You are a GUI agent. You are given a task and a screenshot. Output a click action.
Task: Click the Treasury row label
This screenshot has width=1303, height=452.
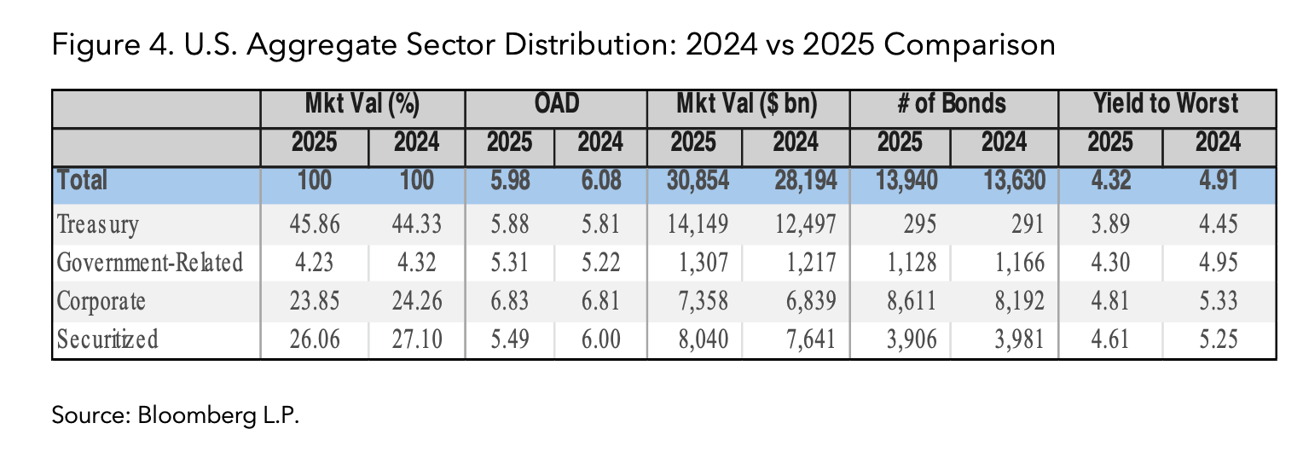click(97, 225)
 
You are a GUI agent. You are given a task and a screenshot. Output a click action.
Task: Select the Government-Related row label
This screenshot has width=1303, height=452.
click(149, 264)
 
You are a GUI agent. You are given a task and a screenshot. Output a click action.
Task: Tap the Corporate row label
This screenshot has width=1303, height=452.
click(101, 301)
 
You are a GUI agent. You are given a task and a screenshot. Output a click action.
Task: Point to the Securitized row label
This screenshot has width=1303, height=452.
click(107, 339)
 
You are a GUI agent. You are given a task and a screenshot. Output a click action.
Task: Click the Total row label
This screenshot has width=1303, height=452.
click(82, 181)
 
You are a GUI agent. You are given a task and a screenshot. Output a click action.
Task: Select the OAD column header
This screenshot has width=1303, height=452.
click(556, 105)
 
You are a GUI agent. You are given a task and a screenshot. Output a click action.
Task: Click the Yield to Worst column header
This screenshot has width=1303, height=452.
click(1167, 105)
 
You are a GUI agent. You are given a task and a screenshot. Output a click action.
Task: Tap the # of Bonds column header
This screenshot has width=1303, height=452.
click(953, 105)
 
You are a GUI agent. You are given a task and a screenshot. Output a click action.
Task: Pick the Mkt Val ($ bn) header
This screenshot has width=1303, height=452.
click(749, 105)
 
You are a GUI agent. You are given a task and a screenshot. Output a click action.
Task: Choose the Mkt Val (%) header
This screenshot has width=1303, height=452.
click(362, 105)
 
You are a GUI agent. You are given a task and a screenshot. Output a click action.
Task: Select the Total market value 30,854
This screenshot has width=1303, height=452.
click(695, 181)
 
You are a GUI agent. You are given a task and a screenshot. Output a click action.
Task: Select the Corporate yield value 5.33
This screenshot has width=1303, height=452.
click(1218, 301)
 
